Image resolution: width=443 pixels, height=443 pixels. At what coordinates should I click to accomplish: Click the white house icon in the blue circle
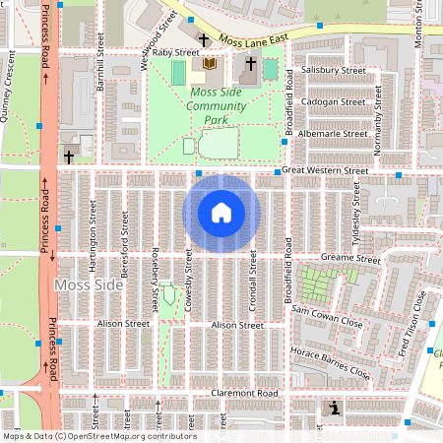[x=221, y=213]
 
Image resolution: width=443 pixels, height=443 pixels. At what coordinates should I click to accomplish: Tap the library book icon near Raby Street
[x=209, y=64]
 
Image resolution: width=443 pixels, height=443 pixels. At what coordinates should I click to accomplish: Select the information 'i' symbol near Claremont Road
[x=335, y=408]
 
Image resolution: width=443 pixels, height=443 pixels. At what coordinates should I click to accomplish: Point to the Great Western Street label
[x=324, y=170]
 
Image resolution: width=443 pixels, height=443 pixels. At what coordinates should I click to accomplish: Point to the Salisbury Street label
[x=335, y=71]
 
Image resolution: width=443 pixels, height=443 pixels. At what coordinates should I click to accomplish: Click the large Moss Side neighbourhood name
[x=90, y=285]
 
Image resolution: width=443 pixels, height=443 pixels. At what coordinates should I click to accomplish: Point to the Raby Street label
[x=175, y=52]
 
